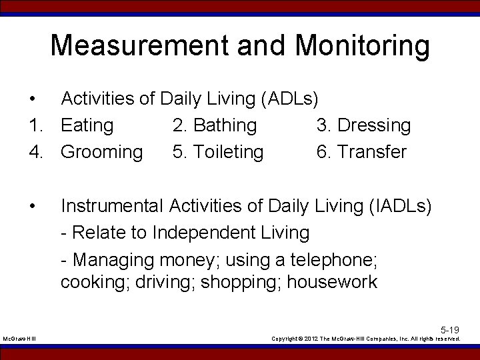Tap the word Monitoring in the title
(x=363, y=46)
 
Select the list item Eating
(x=87, y=125)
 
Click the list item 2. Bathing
(x=215, y=125)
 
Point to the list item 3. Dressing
(x=363, y=125)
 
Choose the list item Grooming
(x=101, y=152)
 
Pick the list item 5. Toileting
(x=218, y=152)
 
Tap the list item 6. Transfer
(x=361, y=152)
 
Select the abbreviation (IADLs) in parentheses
(x=399, y=206)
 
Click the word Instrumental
(x=111, y=206)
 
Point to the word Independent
(x=231, y=233)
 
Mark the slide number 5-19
(x=450, y=330)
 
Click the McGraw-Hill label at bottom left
(x=19, y=339)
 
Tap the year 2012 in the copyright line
(x=317, y=339)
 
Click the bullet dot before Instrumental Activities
(x=33, y=206)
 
